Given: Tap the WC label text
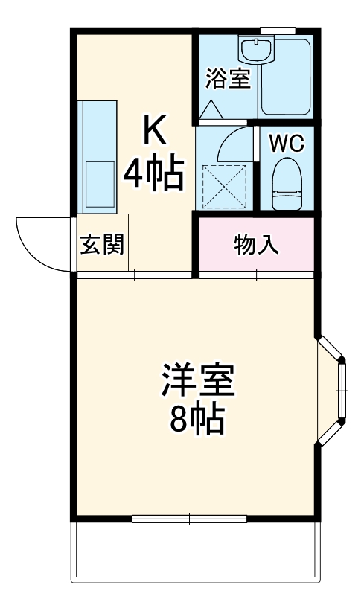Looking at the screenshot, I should coord(286,144).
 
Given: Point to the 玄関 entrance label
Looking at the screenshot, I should coord(101,244).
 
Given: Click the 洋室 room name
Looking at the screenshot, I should coord(197,381).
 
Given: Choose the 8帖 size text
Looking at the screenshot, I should coord(197,420).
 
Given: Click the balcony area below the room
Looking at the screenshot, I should coord(197,551).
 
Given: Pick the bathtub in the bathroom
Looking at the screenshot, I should coord(287,78).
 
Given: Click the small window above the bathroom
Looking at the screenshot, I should coord(276,31).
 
